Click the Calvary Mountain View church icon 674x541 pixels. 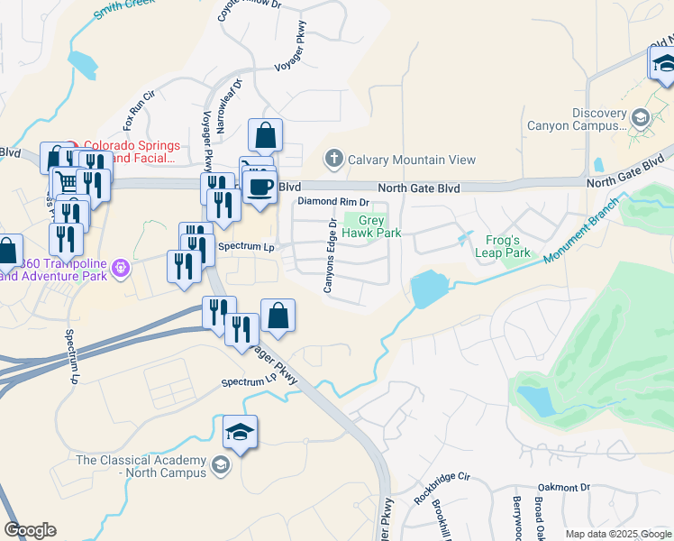[x=333, y=160]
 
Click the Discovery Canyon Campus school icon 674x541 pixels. [x=640, y=117]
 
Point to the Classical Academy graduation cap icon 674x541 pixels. [x=220, y=466]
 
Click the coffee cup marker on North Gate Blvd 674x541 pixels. [x=260, y=187]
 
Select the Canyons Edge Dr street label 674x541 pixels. [x=331, y=254]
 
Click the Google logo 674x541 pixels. [x=30, y=530]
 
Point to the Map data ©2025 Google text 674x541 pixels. [x=617, y=534]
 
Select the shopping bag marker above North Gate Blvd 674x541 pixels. [x=265, y=136]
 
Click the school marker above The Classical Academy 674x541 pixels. [x=240, y=434]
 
